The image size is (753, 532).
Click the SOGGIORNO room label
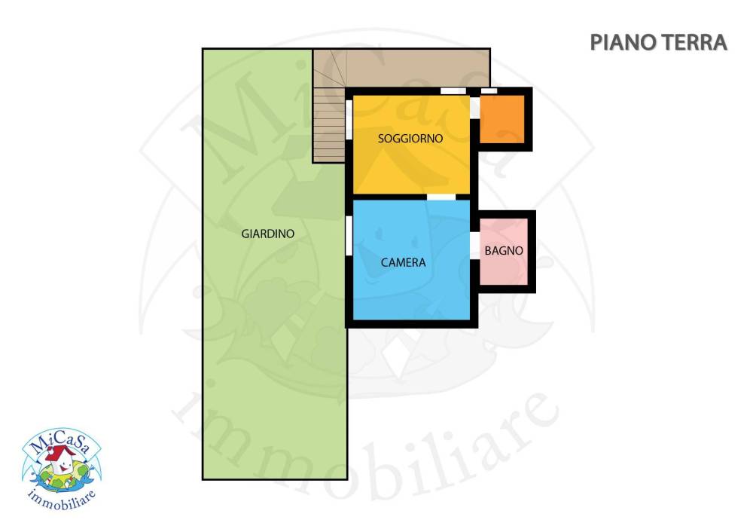coord(410,139)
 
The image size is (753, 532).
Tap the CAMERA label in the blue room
coord(403,262)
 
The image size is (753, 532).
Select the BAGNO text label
coord(503,250)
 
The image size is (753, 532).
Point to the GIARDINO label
coord(267,234)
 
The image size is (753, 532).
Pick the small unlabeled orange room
coord(502,119)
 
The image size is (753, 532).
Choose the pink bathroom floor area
coord(504,252)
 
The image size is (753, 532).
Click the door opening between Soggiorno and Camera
coord(441,197)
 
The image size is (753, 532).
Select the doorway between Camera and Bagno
coord(474,246)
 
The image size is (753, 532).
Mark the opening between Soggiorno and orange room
coord(474,107)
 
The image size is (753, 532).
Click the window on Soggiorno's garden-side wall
coord(349,120)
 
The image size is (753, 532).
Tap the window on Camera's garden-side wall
coord(349,236)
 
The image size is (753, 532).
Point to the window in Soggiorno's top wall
coord(453,91)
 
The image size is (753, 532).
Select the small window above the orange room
coord(489,91)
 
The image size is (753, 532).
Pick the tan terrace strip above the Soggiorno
coord(418,69)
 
